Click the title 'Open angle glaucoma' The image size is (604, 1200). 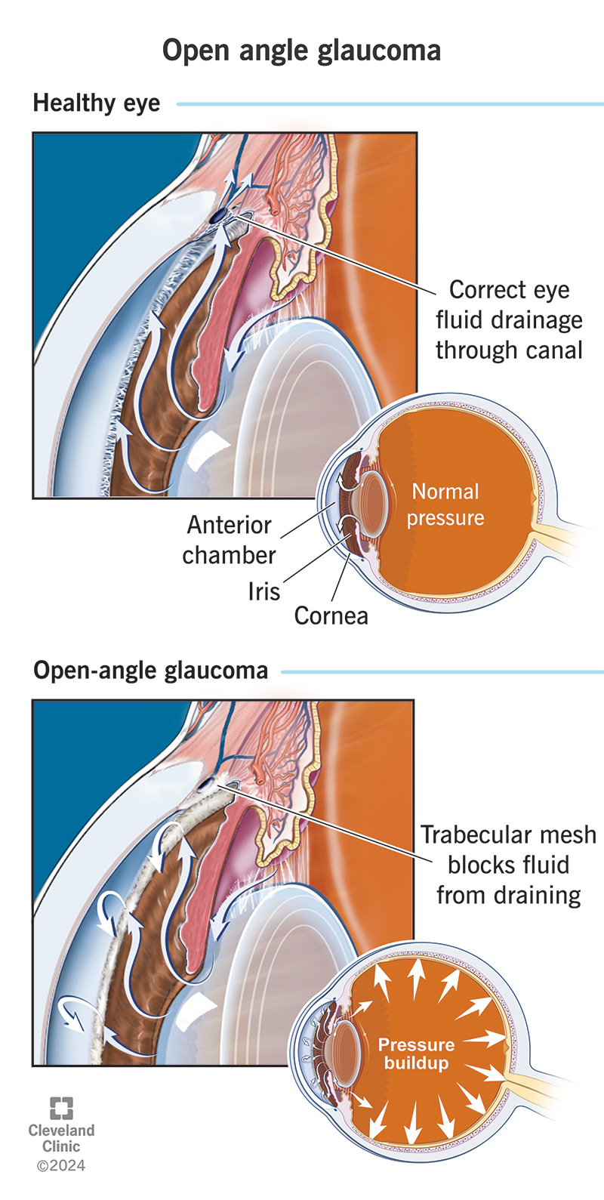click(301, 51)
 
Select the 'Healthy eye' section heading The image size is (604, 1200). click(97, 103)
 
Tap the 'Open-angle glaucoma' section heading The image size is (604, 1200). click(150, 671)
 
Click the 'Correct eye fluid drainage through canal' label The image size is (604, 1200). click(509, 320)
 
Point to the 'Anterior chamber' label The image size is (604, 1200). click(229, 540)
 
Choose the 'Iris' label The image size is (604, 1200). click(263, 591)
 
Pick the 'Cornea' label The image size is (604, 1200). click(331, 615)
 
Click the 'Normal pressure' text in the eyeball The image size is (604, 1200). click(445, 504)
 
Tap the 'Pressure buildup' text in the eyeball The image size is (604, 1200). click(416, 1053)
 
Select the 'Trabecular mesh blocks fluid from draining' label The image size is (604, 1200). click(508, 865)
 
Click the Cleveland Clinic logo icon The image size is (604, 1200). click(61, 1108)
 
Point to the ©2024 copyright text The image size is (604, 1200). click(61, 1166)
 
